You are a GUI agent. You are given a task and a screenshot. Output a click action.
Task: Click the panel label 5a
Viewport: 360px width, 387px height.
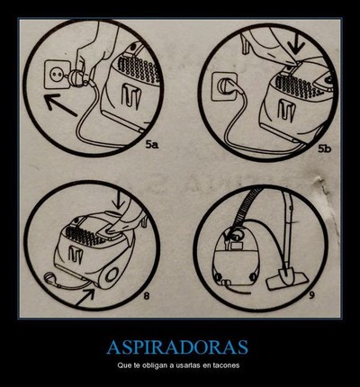coord(152,145)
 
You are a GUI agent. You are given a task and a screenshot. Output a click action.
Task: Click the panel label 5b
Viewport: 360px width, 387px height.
coord(324,148)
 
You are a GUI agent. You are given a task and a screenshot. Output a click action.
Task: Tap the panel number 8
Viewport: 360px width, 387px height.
coord(147,296)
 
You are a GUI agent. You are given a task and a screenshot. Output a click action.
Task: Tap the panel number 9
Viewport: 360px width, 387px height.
coord(311,295)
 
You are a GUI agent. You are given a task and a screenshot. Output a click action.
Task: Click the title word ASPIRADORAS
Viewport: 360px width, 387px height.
coord(177,347)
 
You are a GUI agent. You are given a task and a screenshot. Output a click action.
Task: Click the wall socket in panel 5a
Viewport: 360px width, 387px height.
coord(57,74)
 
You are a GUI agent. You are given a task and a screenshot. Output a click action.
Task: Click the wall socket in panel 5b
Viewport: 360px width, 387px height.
coord(223,86)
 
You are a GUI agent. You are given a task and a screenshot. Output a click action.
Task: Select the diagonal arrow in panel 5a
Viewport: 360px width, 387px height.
coord(60,105)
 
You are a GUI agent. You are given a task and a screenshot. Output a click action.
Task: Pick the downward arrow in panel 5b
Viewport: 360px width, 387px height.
coord(296,42)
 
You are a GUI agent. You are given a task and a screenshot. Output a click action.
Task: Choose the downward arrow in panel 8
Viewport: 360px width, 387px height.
coord(119,200)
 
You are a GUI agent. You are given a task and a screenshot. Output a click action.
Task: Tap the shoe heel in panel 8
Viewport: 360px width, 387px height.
coord(144,220)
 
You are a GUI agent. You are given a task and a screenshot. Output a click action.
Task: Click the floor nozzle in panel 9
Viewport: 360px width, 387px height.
coord(287,279)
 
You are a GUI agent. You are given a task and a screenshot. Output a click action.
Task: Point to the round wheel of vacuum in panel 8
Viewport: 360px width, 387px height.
coord(112,274)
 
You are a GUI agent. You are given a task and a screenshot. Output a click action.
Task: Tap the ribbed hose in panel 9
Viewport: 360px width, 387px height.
coord(248,207)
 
